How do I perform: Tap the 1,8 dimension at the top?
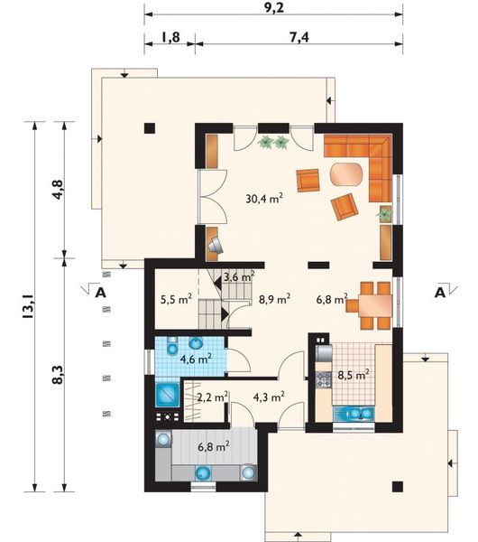[170, 37]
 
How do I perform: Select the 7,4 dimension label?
[299, 37]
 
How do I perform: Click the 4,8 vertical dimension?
[58, 189]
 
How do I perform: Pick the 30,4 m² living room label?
[264, 199]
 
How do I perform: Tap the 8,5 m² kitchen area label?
[354, 375]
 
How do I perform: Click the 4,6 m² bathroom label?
[196, 359]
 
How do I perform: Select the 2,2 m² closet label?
[212, 397]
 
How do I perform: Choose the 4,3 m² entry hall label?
[269, 397]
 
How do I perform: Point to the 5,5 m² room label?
[177, 299]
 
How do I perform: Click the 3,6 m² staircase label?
[239, 276]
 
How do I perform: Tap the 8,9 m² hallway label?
[275, 299]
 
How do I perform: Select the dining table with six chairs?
[371, 305]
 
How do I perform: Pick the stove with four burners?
[324, 380]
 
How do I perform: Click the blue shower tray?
[168, 395]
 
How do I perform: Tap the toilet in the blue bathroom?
[172, 346]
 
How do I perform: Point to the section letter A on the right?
[440, 293]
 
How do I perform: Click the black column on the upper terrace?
[150, 128]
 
